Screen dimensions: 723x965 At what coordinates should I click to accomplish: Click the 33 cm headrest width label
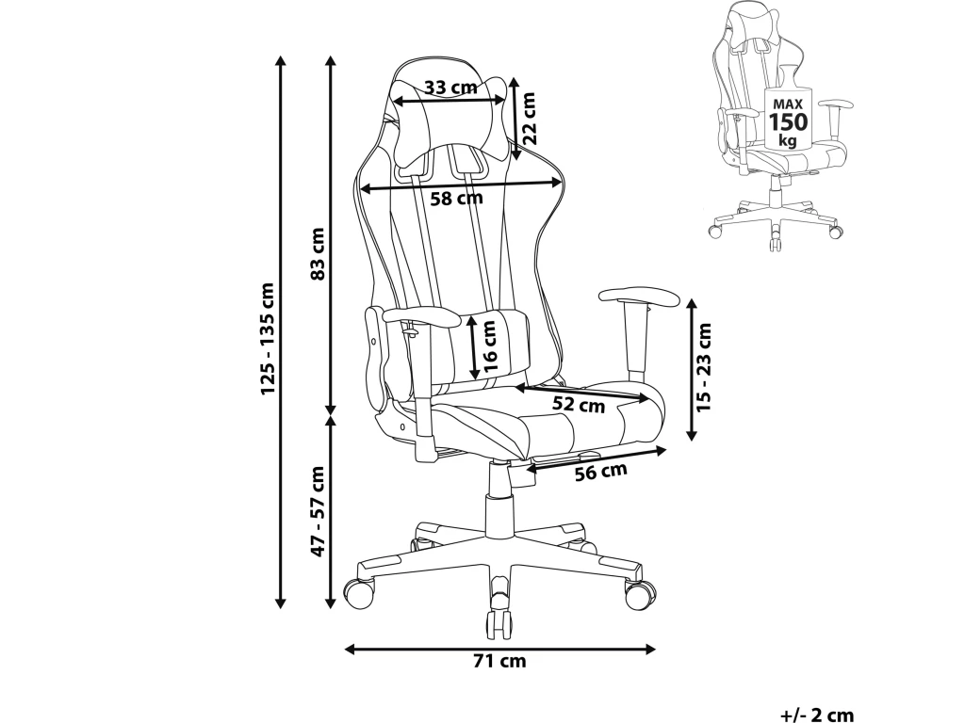pyautogui.click(x=450, y=88)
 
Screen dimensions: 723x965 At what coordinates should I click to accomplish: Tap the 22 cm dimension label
pyautogui.click(x=530, y=118)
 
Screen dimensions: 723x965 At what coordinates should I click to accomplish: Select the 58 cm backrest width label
pyautogui.click(x=456, y=199)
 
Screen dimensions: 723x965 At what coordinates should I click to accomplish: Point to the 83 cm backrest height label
pyautogui.click(x=318, y=254)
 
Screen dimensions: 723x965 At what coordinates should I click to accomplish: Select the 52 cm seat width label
pyautogui.click(x=578, y=406)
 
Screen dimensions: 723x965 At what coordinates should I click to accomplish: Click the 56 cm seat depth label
pyautogui.click(x=600, y=472)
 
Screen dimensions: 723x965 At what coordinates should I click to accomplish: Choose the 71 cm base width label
pyautogui.click(x=499, y=661)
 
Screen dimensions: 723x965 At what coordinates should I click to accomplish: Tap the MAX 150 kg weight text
pyautogui.click(x=788, y=120)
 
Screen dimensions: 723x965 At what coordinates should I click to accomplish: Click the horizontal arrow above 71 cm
pyautogui.click(x=499, y=649)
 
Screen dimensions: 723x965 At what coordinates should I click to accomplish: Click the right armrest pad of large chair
pyautogui.click(x=638, y=297)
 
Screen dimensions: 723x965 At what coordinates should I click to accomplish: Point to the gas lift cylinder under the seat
pyautogui.click(x=498, y=499)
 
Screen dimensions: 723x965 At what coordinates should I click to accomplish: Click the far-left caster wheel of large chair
pyautogui.click(x=359, y=593)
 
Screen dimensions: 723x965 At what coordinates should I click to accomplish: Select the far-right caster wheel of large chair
pyautogui.click(x=640, y=593)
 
